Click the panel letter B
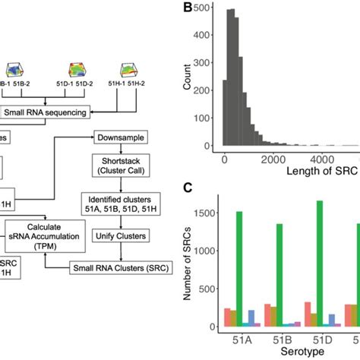[x=186, y=9]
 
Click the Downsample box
[x=119, y=137]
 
